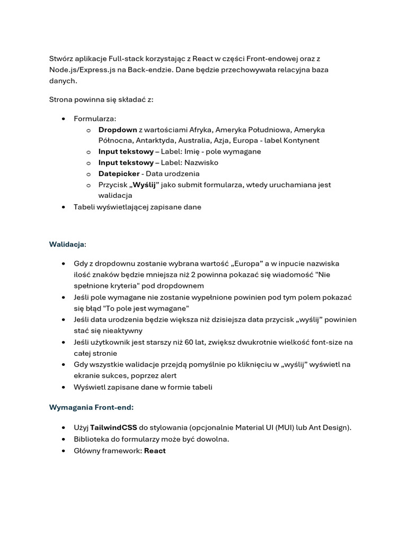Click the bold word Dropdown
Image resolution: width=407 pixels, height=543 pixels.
(x=118, y=129)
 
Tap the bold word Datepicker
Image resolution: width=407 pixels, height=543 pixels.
(x=119, y=174)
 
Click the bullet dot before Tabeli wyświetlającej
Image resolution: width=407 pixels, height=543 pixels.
(x=64, y=207)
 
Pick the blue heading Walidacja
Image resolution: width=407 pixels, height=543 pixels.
(x=67, y=244)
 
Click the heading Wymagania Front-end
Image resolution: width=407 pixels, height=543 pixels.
(x=91, y=408)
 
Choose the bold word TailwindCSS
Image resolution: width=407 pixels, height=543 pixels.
(x=113, y=428)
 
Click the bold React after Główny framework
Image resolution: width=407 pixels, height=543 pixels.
(x=155, y=451)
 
